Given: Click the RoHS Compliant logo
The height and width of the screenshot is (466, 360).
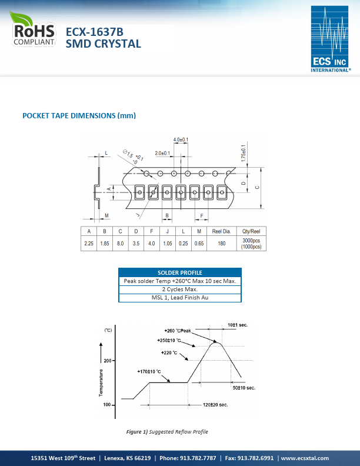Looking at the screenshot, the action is pos(33,29).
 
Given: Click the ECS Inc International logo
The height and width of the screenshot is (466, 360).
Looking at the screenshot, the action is pos(331,39).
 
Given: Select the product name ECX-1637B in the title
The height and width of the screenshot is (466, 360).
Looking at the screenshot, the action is pos(95,32).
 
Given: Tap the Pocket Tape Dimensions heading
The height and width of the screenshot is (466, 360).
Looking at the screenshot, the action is pos(79,115).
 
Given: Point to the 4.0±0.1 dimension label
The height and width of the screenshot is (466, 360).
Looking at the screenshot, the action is pos(181,139).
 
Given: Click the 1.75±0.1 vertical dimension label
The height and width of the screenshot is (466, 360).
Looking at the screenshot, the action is pos(244,153).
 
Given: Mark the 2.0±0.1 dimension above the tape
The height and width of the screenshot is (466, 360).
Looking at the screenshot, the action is pos(162,153).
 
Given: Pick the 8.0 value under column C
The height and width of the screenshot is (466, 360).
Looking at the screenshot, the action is pos(121,244).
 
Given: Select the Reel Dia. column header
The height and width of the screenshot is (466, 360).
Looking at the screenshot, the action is pos(221,231).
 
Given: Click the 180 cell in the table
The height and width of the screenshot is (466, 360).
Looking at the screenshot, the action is pos(222,244).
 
